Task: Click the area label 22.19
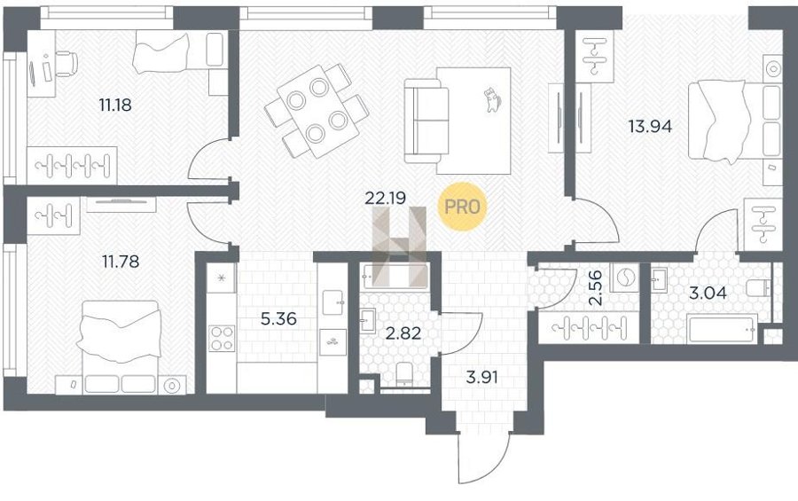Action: click(386, 198)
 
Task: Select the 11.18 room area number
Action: click(115, 106)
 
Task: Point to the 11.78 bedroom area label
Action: click(121, 262)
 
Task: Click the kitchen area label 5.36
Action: click(278, 319)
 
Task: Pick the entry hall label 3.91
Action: click(482, 377)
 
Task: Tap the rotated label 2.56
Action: click(595, 287)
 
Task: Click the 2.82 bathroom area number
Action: click(403, 333)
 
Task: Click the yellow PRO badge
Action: click(462, 207)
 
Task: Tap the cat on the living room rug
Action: click(491, 99)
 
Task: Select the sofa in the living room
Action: click(426, 121)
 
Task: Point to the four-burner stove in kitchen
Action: click(222, 339)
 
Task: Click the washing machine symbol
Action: click(624, 278)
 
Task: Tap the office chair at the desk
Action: click(66, 64)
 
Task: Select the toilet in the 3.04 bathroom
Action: click(759, 288)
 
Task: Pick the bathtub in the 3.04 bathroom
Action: click(721, 329)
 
